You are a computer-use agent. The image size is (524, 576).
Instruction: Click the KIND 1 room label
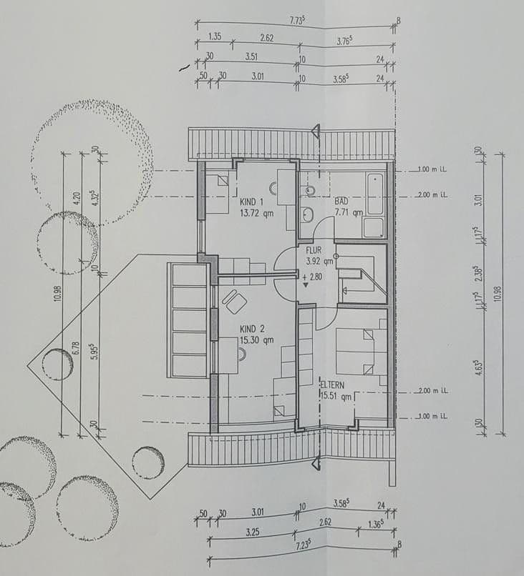click(x=252, y=202)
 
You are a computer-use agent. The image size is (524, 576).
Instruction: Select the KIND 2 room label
click(x=252, y=330)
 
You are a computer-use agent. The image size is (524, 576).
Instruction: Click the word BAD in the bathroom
click(x=341, y=202)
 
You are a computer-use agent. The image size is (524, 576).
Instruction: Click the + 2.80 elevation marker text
click(x=314, y=277)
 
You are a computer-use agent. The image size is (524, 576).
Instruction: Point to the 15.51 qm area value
click(x=336, y=397)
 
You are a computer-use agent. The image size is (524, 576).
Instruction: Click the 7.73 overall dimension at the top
click(x=298, y=21)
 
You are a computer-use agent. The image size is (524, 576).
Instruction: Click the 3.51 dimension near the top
click(x=251, y=56)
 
